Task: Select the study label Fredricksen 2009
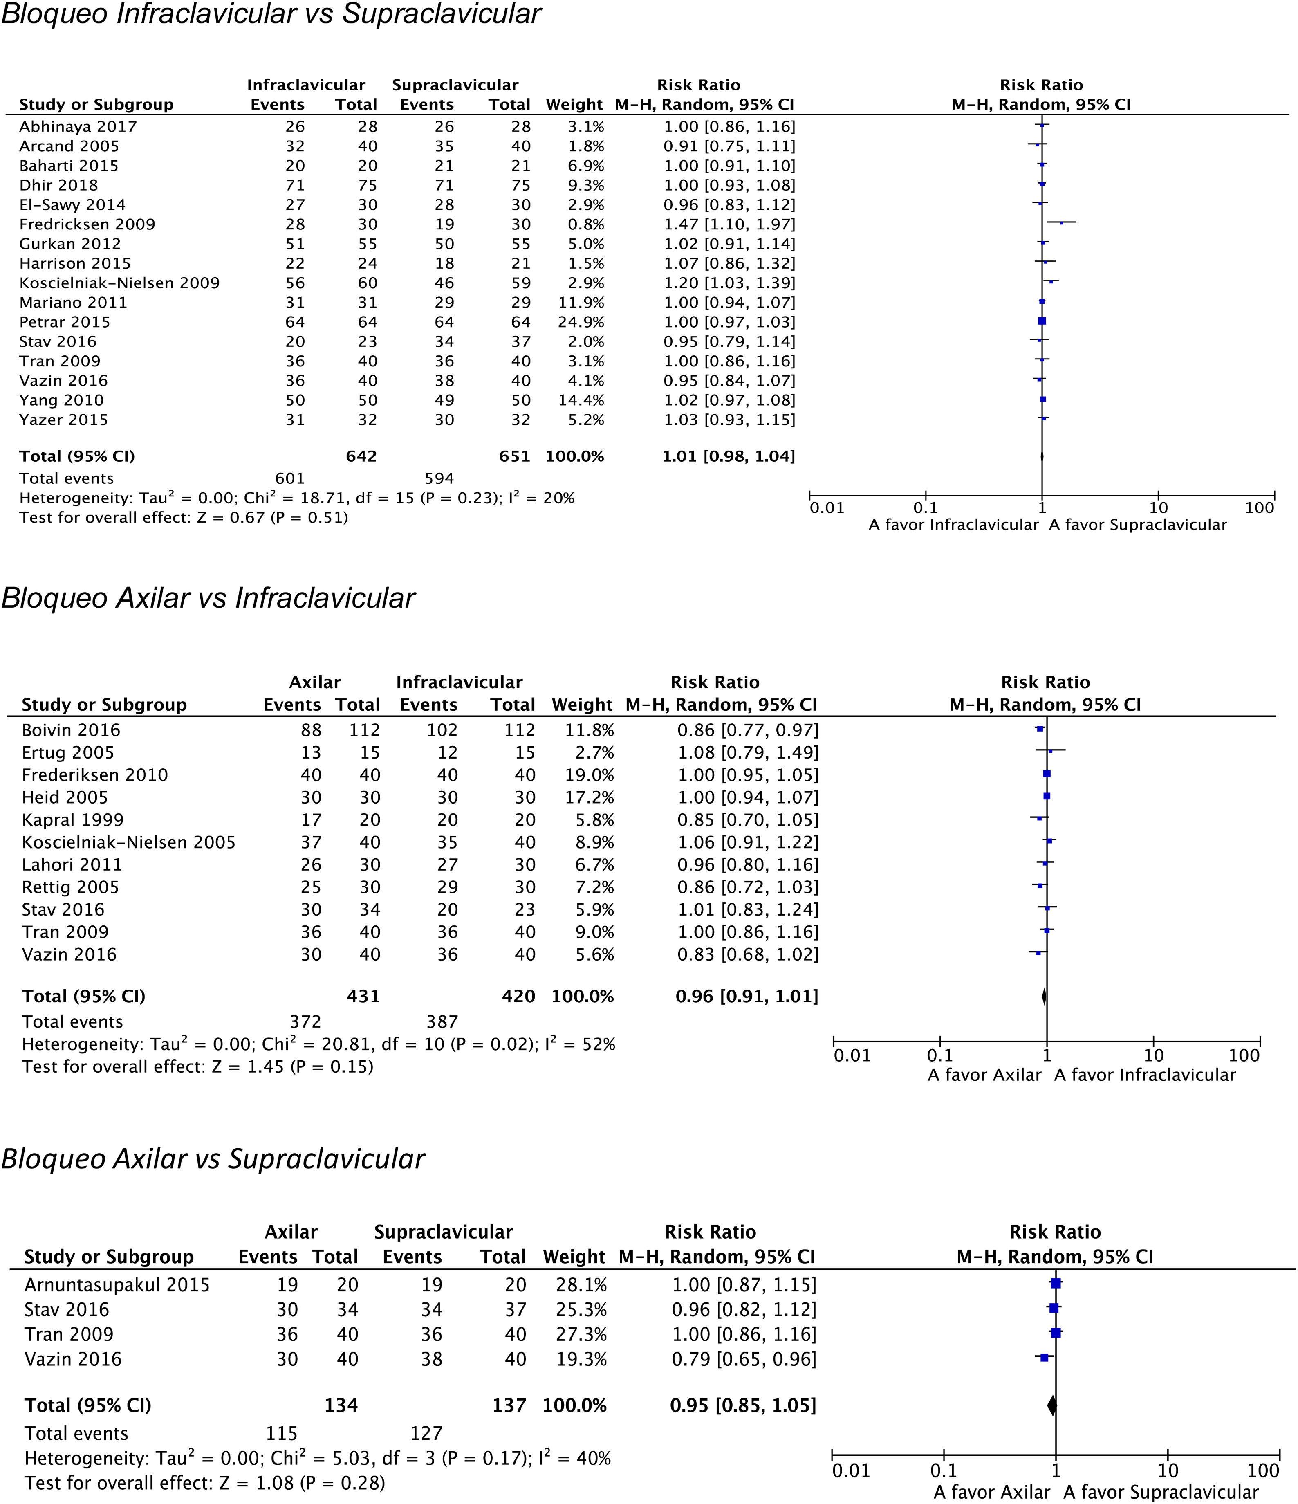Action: [87, 224]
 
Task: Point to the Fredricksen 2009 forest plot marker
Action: [1061, 223]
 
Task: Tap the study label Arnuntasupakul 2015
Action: [117, 1285]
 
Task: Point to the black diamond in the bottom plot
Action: [1052, 1406]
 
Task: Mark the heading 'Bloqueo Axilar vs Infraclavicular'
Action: [208, 598]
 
